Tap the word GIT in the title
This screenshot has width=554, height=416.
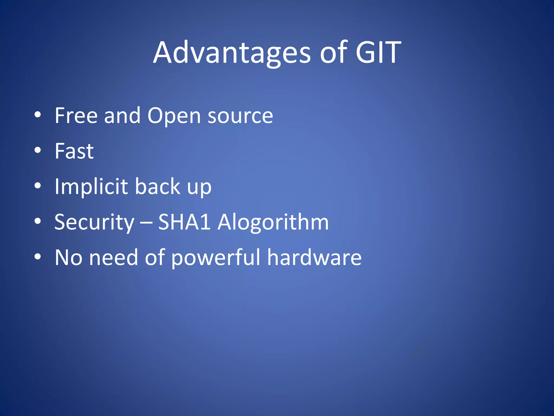coord(378,53)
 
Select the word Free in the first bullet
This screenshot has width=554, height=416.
coord(76,116)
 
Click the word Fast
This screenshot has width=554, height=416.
coord(74,151)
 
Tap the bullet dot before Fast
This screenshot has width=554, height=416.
coord(38,150)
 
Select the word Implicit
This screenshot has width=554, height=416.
coord(91,187)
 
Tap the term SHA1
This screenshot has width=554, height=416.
coord(184,222)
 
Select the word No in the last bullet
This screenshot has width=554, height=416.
coord(68,258)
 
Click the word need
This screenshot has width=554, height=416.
coord(114,258)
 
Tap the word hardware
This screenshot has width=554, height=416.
coord(314,258)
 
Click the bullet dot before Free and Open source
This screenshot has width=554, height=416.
coord(38,115)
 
